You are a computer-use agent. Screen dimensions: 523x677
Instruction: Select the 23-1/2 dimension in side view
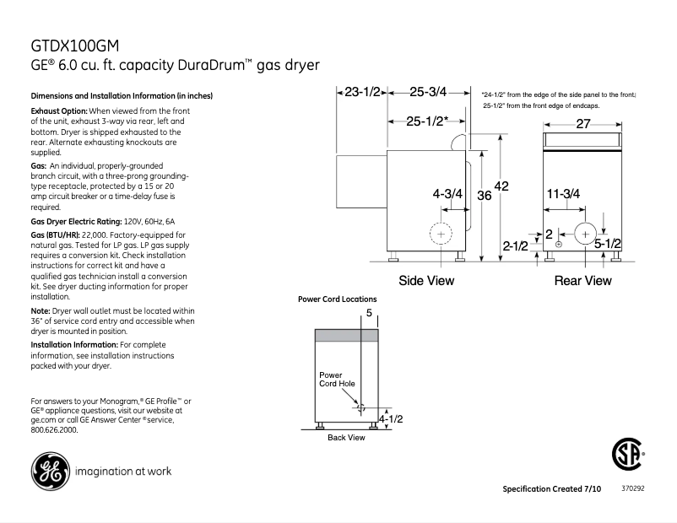(363, 93)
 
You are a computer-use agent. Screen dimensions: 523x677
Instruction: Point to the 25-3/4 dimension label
(428, 93)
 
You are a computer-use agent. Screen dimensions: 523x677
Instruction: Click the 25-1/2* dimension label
(426, 121)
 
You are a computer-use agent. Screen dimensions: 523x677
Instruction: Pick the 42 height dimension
(501, 186)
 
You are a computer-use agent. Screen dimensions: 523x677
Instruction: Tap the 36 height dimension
(484, 195)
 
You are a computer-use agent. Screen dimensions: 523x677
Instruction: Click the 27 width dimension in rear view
(583, 124)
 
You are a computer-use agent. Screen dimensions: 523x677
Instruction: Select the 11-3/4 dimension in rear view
(562, 194)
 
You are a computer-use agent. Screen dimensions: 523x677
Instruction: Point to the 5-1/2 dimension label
(609, 245)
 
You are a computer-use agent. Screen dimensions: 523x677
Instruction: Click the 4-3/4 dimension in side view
(447, 194)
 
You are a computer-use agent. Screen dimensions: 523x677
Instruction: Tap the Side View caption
(426, 280)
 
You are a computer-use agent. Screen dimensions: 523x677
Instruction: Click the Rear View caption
(582, 280)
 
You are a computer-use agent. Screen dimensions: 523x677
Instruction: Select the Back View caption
(346, 437)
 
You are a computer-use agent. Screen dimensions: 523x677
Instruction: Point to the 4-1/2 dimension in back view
(390, 418)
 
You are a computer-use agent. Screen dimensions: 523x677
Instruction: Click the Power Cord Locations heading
(338, 299)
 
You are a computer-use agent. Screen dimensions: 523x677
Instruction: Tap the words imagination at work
(123, 471)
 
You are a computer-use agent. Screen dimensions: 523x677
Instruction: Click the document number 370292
(632, 488)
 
